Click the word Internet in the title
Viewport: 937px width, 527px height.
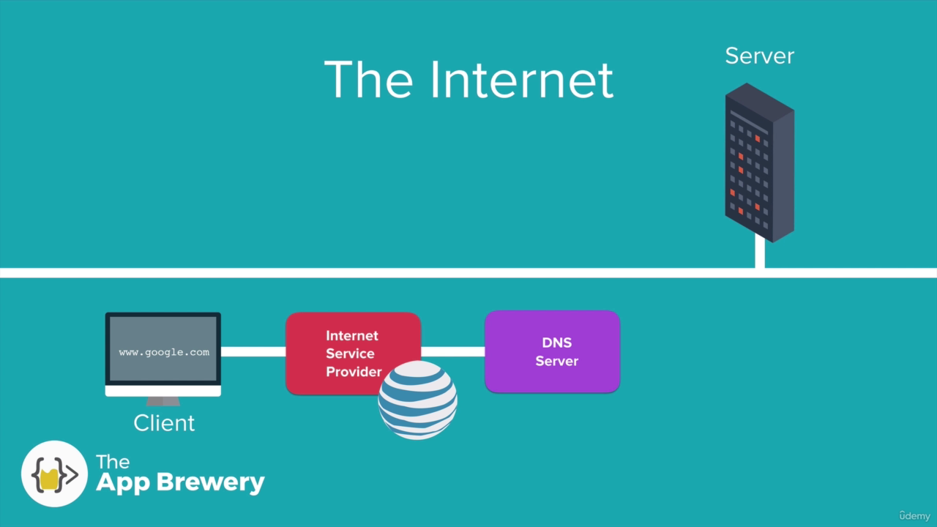(522, 80)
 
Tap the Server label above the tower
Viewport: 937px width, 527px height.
(760, 56)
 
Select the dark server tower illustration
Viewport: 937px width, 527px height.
(760, 162)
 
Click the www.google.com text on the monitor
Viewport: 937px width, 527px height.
(164, 352)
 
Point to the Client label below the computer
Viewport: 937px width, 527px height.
(164, 423)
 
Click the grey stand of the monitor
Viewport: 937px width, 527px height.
(163, 401)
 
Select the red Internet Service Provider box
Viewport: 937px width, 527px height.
(353, 353)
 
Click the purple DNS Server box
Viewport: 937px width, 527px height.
(552, 352)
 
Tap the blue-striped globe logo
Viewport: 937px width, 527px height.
(417, 400)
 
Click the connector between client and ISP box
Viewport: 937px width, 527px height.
(253, 352)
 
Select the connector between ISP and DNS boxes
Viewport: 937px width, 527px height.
(453, 352)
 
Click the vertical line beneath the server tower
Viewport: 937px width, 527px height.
(760, 252)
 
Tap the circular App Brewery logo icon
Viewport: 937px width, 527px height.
(54, 474)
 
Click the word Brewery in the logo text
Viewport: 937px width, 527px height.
(211, 482)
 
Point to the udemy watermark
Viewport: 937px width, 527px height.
(914, 516)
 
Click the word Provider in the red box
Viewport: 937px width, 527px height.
(354, 371)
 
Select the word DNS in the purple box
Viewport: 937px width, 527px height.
(557, 343)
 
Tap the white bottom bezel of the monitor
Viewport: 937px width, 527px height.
(163, 391)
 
